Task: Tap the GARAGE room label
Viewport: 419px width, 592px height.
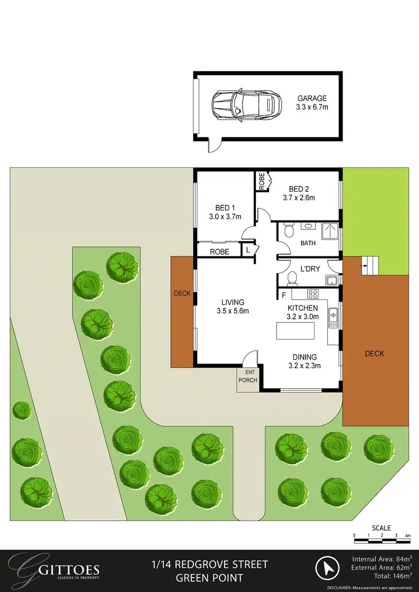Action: (312, 98)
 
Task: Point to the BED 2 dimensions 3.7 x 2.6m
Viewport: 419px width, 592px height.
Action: (299, 197)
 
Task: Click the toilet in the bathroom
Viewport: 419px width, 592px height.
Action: (288, 231)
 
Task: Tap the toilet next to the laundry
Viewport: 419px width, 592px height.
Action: (292, 278)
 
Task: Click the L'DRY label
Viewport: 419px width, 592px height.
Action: (310, 269)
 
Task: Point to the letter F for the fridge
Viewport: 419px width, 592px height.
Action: (284, 294)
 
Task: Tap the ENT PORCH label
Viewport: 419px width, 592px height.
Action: (248, 377)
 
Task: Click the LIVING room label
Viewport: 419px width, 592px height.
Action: (232, 302)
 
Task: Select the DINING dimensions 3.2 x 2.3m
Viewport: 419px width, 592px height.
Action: (303, 366)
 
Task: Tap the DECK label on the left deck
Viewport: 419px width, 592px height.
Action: (182, 293)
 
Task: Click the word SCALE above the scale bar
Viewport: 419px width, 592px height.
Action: (382, 528)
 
